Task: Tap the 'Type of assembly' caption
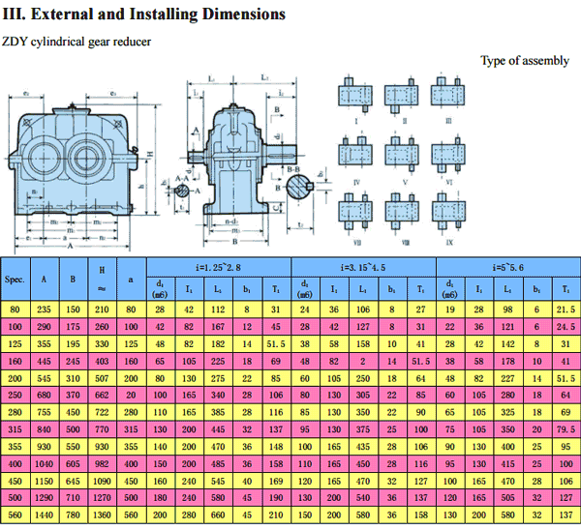(x=525, y=61)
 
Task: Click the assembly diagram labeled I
(x=357, y=96)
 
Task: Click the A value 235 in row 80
(x=44, y=309)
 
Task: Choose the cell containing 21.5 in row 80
(x=566, y=309)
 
